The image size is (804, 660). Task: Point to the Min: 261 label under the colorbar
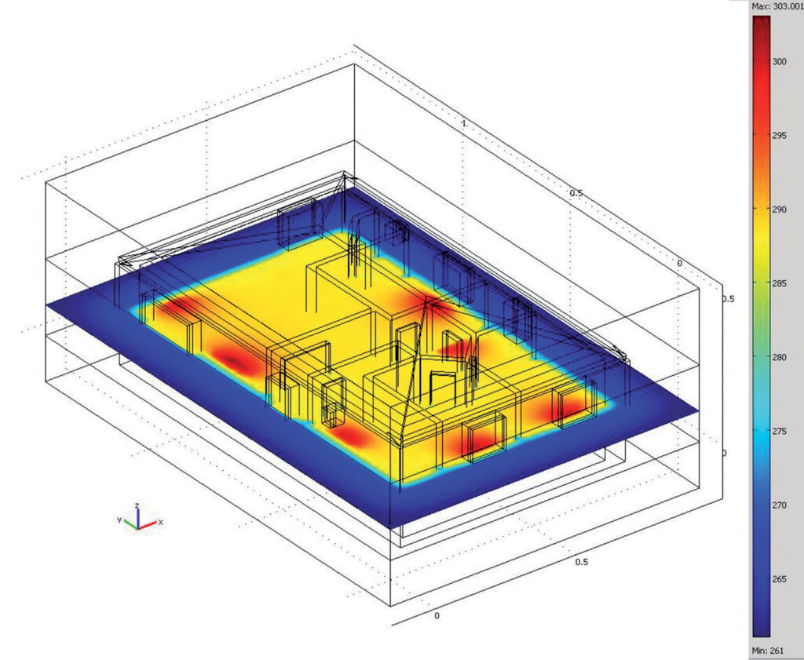tap(768, 651)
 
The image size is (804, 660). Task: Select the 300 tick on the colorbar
tap(779, 61)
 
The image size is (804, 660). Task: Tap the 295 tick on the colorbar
tap(779, 135)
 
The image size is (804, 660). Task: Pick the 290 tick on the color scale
tap(779, 209)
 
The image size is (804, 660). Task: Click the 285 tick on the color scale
tap(779, 283)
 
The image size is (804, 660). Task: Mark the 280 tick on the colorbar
tap(779, 357)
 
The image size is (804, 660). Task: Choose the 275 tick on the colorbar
tap(779, 432)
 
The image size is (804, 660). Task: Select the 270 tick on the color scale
tap(779, 505)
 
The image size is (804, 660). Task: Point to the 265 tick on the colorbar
tap(779, 579)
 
